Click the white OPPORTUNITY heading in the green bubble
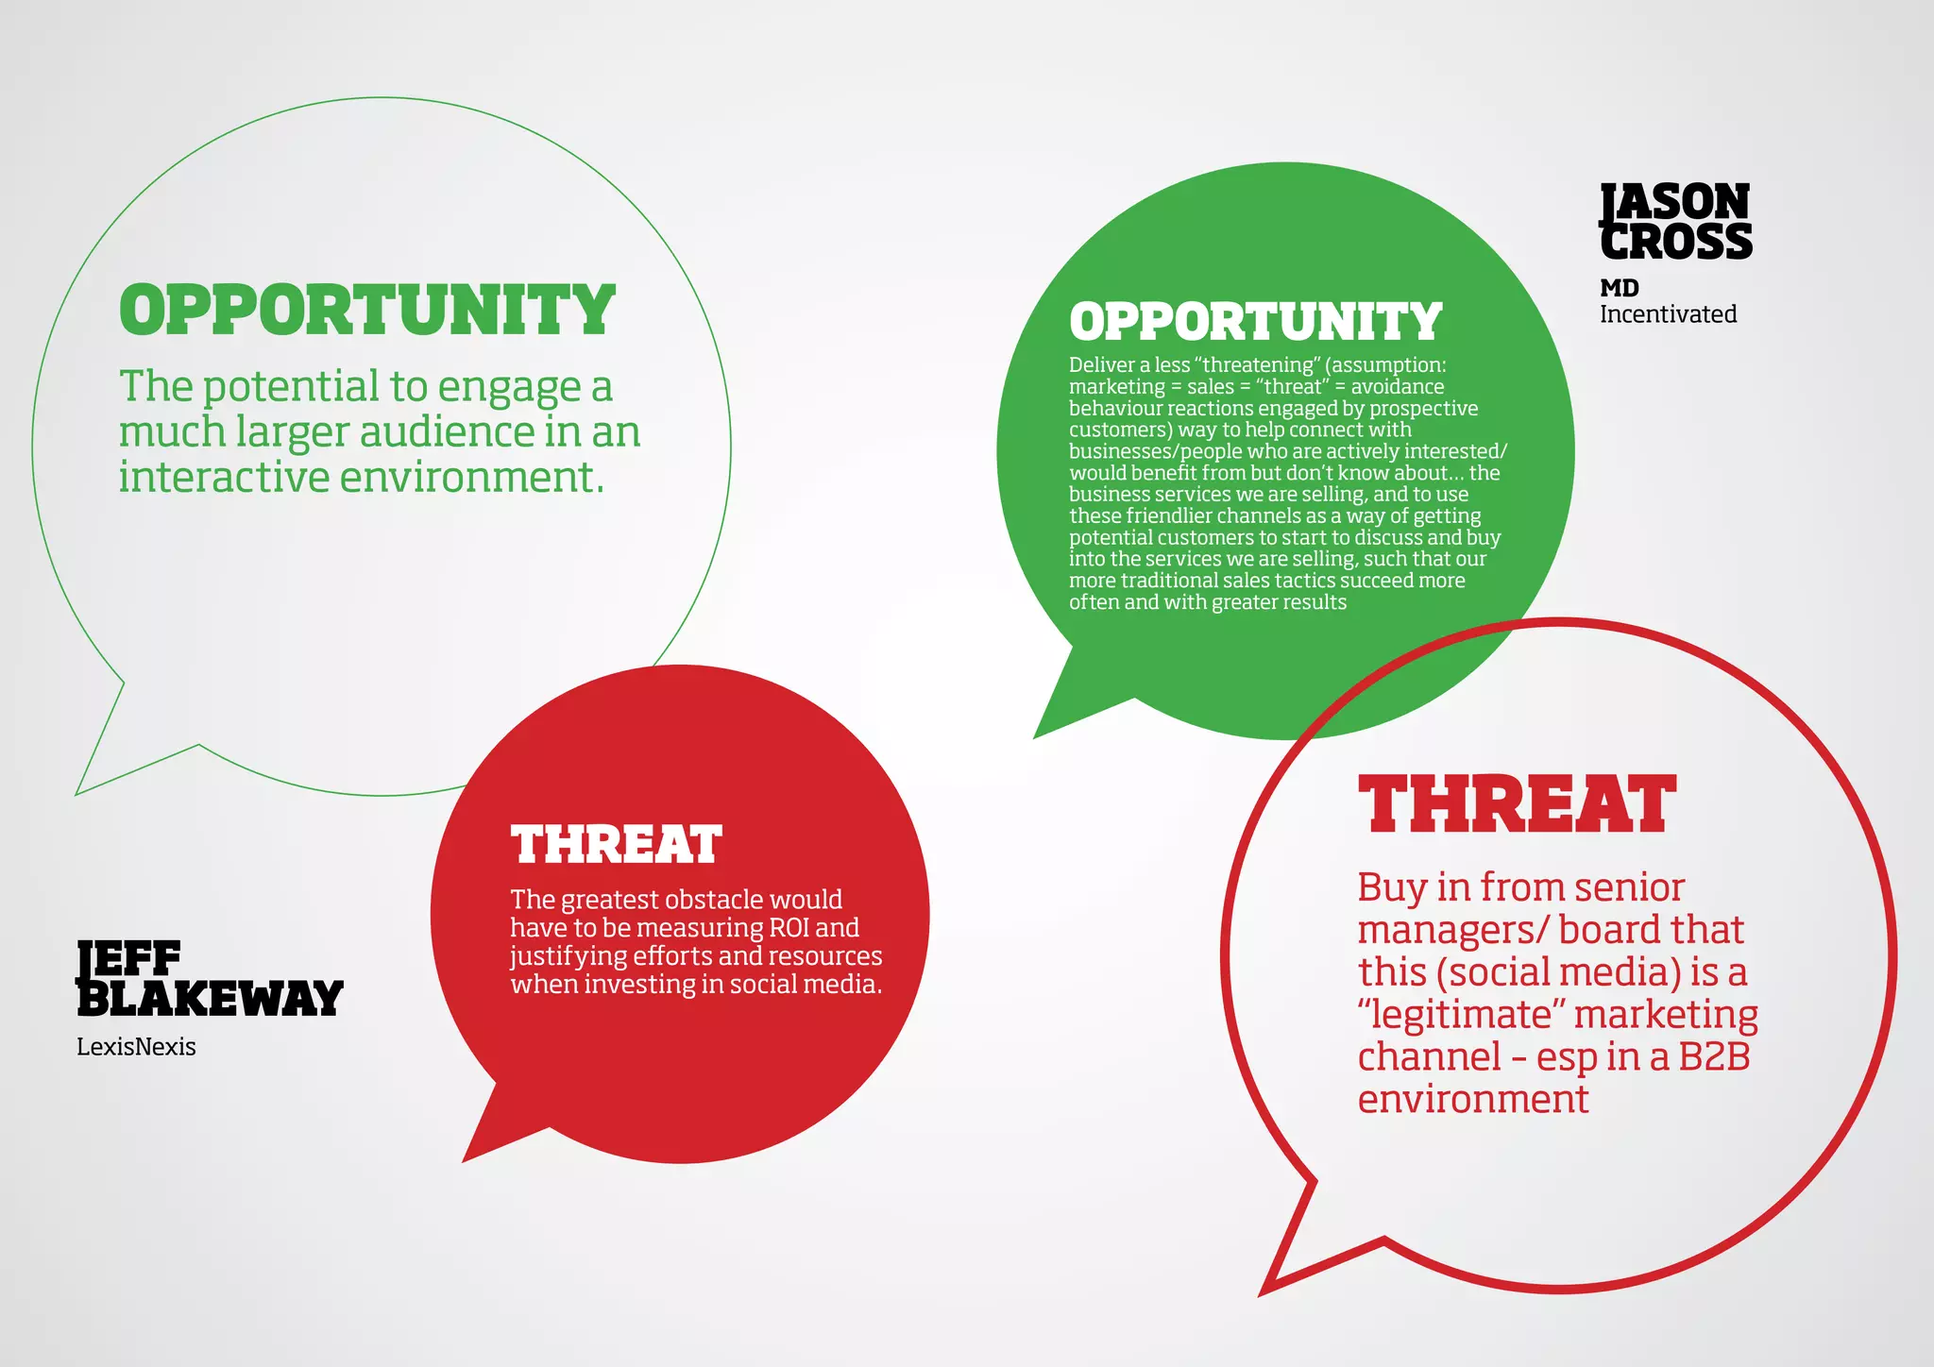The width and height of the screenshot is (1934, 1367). tap(1255, 322)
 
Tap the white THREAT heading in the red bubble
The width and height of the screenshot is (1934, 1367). tap(616, 844)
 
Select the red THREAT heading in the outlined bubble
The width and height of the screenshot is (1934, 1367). tap(1517, 804)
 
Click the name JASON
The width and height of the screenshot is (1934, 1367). tap(1674, 202)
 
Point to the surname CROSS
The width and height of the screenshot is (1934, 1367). tap(1676, 242)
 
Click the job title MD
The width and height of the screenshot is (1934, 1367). tap(1619, 288)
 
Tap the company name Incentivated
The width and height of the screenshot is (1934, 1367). tap(1668, 314)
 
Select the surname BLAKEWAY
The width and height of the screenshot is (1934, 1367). tap(210, 999)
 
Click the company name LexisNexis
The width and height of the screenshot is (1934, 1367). tap(136, 1047)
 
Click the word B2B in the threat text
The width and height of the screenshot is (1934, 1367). tap(1714, 1056)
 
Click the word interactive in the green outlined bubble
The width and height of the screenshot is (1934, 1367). tap(223, 477)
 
